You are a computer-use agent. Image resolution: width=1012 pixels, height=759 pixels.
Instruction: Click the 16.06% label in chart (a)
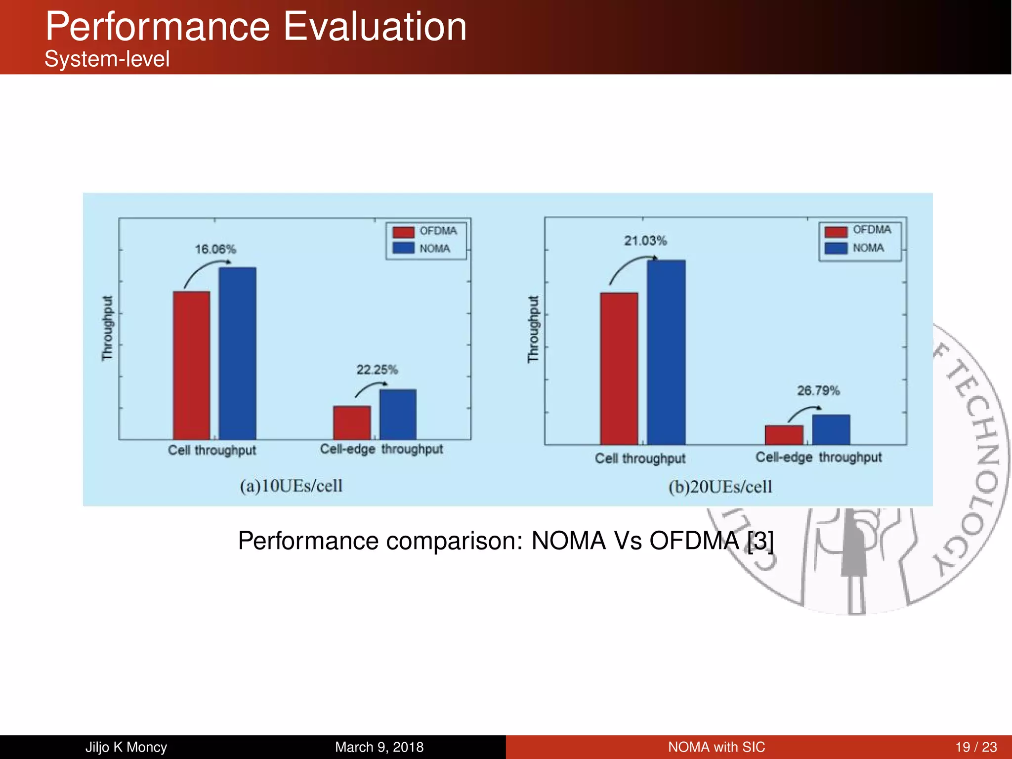[x=215, y=249]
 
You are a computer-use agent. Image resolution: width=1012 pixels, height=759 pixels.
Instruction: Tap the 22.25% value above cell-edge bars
[x=377, y=370]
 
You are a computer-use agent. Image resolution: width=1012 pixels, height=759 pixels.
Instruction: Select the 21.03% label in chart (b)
[x=645, y=241]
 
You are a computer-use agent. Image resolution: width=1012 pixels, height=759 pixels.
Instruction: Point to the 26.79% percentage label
[x=818, y=391]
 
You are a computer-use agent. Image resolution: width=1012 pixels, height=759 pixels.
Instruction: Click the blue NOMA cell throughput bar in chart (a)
[x=237, y=353]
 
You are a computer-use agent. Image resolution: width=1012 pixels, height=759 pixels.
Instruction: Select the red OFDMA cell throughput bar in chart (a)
[x=191, y=366]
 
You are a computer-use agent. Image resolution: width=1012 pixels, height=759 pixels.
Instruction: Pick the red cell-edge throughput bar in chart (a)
[x=352, y=422]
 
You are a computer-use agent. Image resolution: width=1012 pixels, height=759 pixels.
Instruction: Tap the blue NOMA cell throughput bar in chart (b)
[x=666, y=352]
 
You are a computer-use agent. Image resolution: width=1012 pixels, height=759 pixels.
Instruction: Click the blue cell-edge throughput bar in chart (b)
[x=831, y=429]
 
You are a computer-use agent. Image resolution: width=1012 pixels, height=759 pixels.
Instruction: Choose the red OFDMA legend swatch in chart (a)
[x=403, y=232]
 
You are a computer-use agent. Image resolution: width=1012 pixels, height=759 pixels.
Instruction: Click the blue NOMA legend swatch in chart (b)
[x=836, y=248]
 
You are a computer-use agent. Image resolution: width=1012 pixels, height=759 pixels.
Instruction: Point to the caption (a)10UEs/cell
[x=291, y=486]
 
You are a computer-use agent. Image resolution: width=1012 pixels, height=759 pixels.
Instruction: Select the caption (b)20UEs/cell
[x=720, y=487]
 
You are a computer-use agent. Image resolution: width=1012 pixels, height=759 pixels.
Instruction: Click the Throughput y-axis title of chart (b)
[x=533, y=329]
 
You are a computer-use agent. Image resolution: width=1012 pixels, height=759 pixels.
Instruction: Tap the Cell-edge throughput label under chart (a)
[x=381, y=449]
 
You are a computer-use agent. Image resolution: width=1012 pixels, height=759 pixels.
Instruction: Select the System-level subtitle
[x=107, y=59]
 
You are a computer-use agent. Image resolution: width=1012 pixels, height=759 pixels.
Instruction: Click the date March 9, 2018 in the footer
[x=379, y=747]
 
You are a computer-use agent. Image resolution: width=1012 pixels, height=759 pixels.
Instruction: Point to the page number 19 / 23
[x=976, y=747]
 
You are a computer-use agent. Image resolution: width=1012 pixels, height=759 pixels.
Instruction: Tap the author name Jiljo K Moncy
[x=126, y=747]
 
